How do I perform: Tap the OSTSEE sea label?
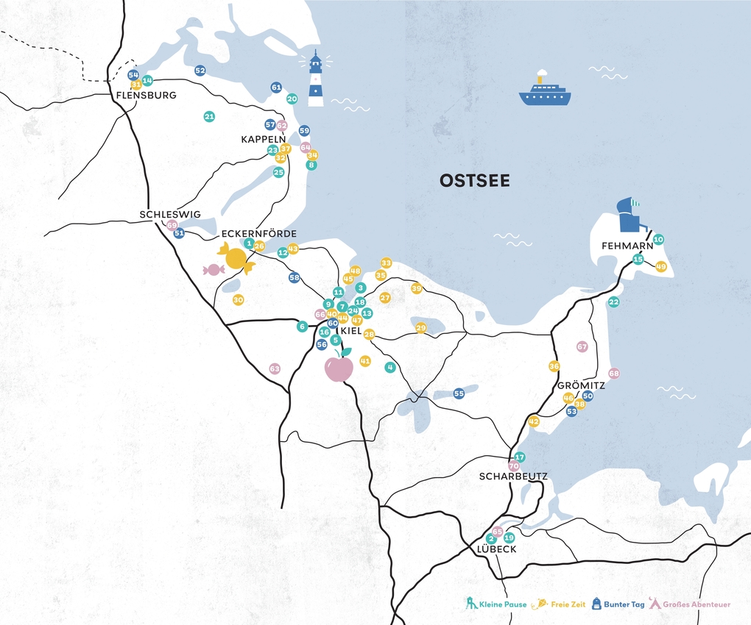474,181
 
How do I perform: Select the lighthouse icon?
316,79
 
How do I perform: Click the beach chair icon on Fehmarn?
629,215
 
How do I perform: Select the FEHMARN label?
627,246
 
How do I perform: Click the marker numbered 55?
459,393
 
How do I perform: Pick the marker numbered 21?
209,117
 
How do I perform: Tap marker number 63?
275,368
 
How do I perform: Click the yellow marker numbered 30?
238,300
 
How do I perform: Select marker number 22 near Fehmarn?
614,302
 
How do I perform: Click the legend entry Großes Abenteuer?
690,604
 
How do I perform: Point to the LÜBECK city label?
496,549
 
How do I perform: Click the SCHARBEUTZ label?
513,476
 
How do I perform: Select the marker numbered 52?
200,71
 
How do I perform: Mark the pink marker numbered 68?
614,374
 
